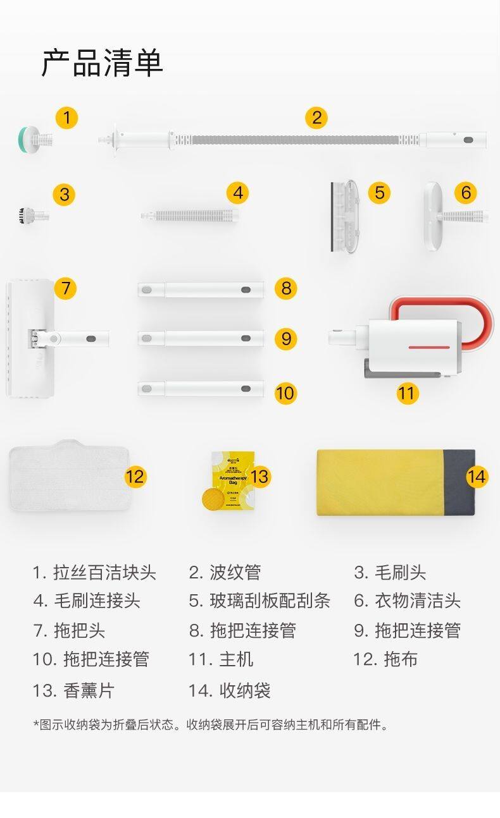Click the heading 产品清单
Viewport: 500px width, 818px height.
pos(103,63)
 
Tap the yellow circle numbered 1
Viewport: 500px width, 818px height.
pos(66,118)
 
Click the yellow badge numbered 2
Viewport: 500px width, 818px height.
pos(316,118)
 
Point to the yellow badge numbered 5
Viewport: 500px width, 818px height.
pos(378,192)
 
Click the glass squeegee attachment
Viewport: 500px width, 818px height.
pos(345,216)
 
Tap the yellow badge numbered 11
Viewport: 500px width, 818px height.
pos(407,393)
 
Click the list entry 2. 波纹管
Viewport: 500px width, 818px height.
pos(225,573)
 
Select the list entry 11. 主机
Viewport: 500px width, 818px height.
pos(220,659)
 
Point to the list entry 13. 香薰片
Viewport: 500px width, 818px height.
pos(73,690)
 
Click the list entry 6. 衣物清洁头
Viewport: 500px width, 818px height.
pos(407,601)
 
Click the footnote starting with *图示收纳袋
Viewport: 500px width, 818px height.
pos(210,724)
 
